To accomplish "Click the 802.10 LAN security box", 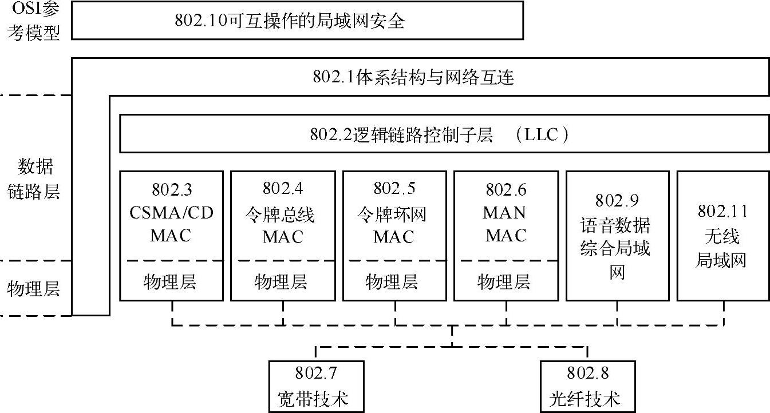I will (x=297, y=21).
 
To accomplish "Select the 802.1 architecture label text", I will (x=413, y=77).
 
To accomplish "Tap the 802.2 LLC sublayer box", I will (x=444, y=133).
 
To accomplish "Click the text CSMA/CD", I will (x=171, y=213).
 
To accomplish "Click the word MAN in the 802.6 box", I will (x=504, y=213).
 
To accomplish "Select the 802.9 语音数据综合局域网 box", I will (x=617, y=235).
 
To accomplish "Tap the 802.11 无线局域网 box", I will (x=722, y=235).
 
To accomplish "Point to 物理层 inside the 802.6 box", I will (x=504, y=281).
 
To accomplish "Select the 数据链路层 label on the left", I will (x=34, y=179).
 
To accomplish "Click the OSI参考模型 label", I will (x=34, y=22).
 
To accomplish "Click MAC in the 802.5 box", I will (x=394, y=237).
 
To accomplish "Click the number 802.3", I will (x=171, y=189).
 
